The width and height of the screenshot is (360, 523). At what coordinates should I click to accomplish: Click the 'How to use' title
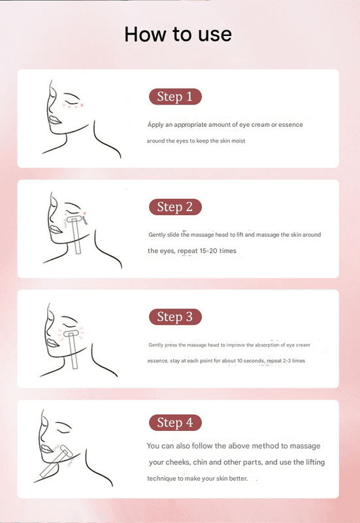tap(178, 34)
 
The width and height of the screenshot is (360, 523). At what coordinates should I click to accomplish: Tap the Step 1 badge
tap(175, 97)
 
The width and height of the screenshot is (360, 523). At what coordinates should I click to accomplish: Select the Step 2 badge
tap(175, 207)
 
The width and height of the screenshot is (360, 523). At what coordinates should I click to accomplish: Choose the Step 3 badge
tap(175, 317)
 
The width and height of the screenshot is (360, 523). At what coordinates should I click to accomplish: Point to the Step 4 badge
tap(175, 422)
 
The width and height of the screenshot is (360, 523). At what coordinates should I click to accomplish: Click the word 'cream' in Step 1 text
tap(260, 125)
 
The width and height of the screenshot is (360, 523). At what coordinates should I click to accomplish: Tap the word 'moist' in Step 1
tap(238, 141)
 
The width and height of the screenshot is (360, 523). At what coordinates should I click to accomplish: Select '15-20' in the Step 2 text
tap(208, 251)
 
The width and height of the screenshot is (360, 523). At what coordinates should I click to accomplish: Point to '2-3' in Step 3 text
tap(287, 361)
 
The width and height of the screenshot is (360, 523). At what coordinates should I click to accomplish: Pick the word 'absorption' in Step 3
tap(267, 345)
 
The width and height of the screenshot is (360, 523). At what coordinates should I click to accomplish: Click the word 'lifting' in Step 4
tap(314, 462)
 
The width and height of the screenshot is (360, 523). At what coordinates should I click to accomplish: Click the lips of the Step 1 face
tap(55, 120)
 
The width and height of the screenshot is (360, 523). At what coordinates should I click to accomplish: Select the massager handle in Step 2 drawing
tap(76, 238)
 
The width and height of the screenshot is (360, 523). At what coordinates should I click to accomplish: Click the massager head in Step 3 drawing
tap(72, 334)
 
